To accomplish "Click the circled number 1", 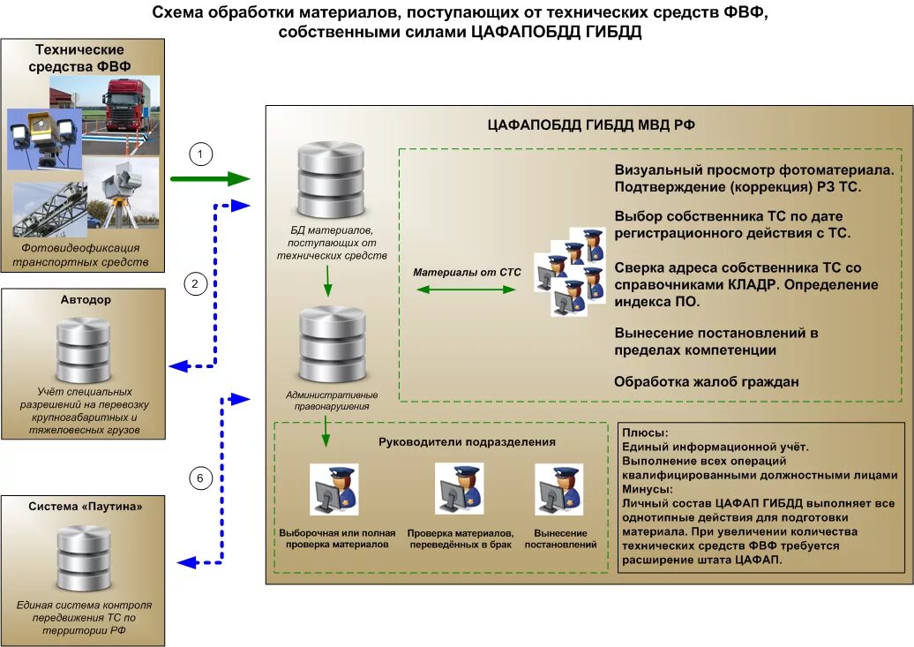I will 202,154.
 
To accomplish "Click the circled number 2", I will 196,283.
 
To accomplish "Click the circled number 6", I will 201,478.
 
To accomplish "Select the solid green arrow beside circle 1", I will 210,180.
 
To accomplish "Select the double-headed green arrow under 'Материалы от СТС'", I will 466,289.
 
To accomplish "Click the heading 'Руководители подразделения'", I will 467,441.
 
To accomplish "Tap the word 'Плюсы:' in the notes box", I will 646,433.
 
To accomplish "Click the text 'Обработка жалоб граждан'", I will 706,382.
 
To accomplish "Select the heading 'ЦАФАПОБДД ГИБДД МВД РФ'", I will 591,125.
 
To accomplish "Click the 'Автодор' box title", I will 86,300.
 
